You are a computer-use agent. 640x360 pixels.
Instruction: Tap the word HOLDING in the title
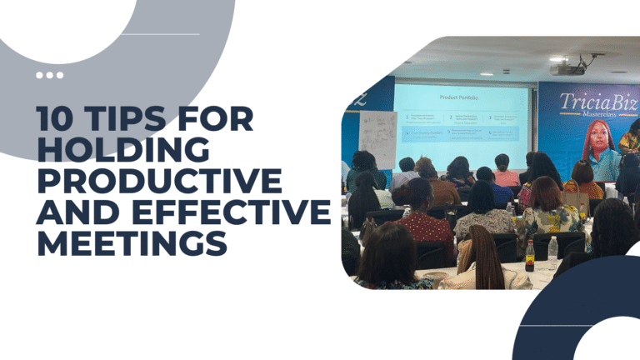(x=123, y=152)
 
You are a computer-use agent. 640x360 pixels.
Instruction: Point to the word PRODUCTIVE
(x=158, y=182)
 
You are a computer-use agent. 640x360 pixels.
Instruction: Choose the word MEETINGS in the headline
(x=131, y=244)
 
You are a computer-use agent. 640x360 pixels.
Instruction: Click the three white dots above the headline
(x=49, y=75)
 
